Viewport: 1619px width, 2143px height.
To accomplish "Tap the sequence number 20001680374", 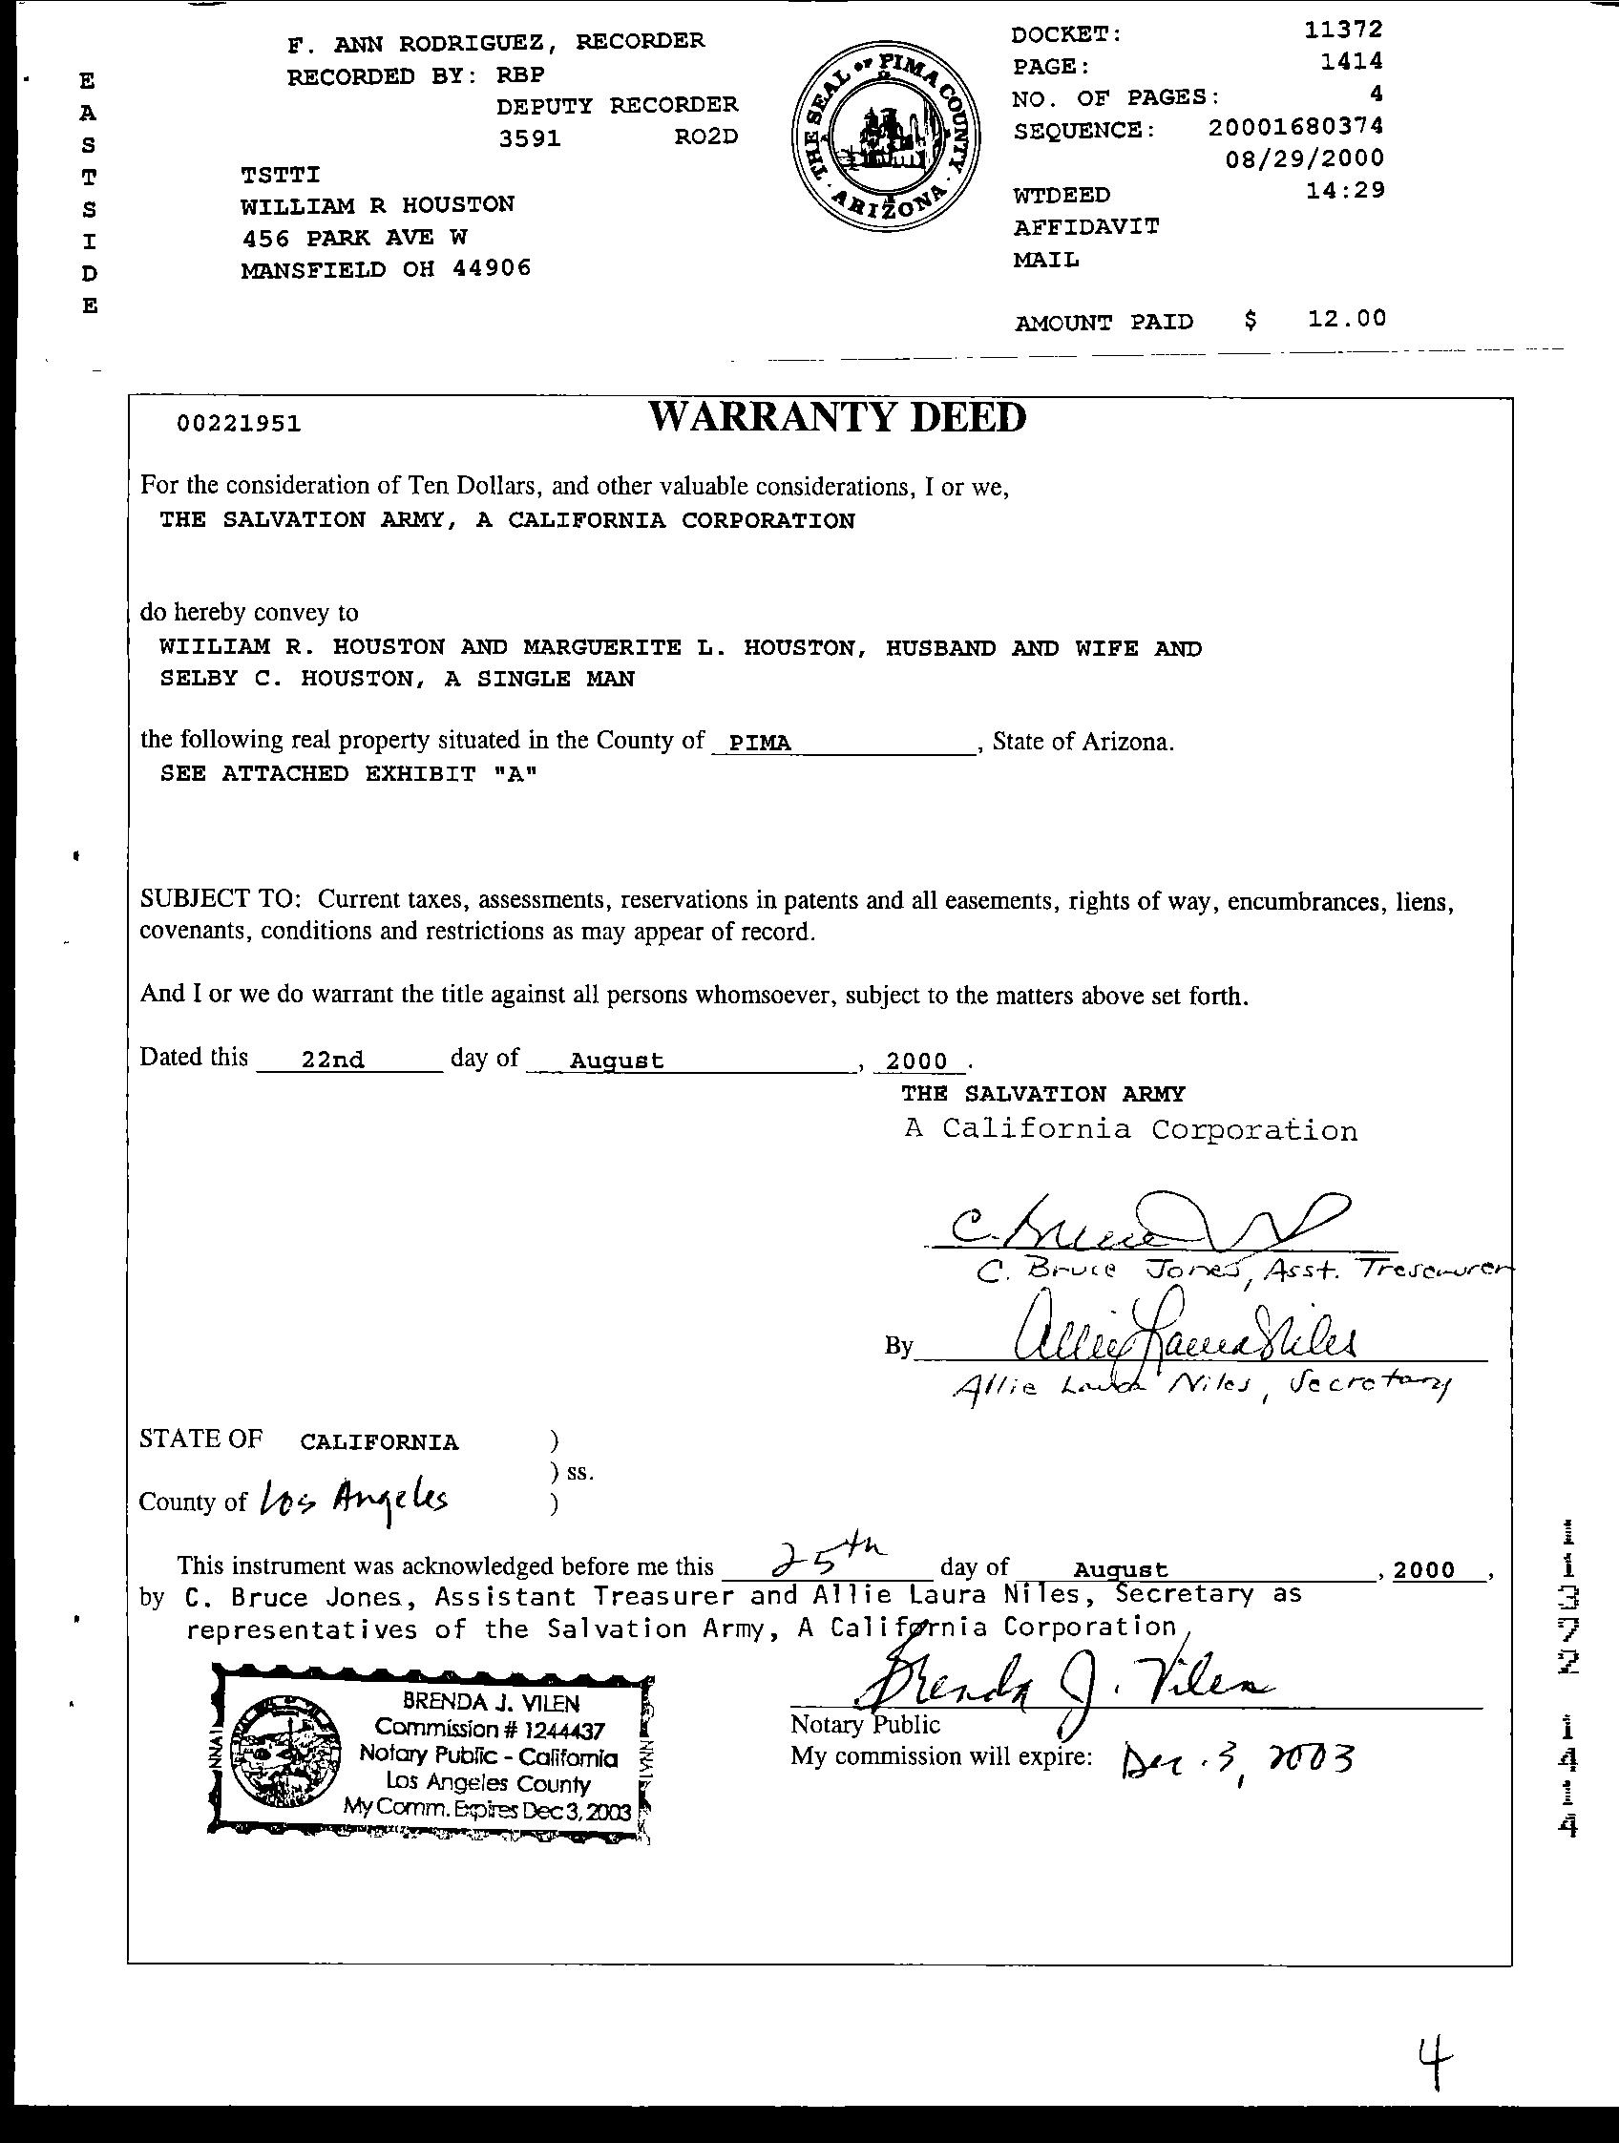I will tap(1296, 126).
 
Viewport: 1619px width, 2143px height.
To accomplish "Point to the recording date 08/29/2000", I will tap(1304, 158).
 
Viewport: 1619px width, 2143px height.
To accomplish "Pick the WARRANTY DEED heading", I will tap(837, 417).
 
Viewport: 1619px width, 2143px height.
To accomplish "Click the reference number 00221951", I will tap(239, 425).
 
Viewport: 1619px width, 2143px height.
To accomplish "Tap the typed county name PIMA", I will tap(760, 743).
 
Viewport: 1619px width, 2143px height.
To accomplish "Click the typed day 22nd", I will tap(332, 1061).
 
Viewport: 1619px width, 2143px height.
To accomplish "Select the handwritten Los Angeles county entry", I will tap(353, 1501).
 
